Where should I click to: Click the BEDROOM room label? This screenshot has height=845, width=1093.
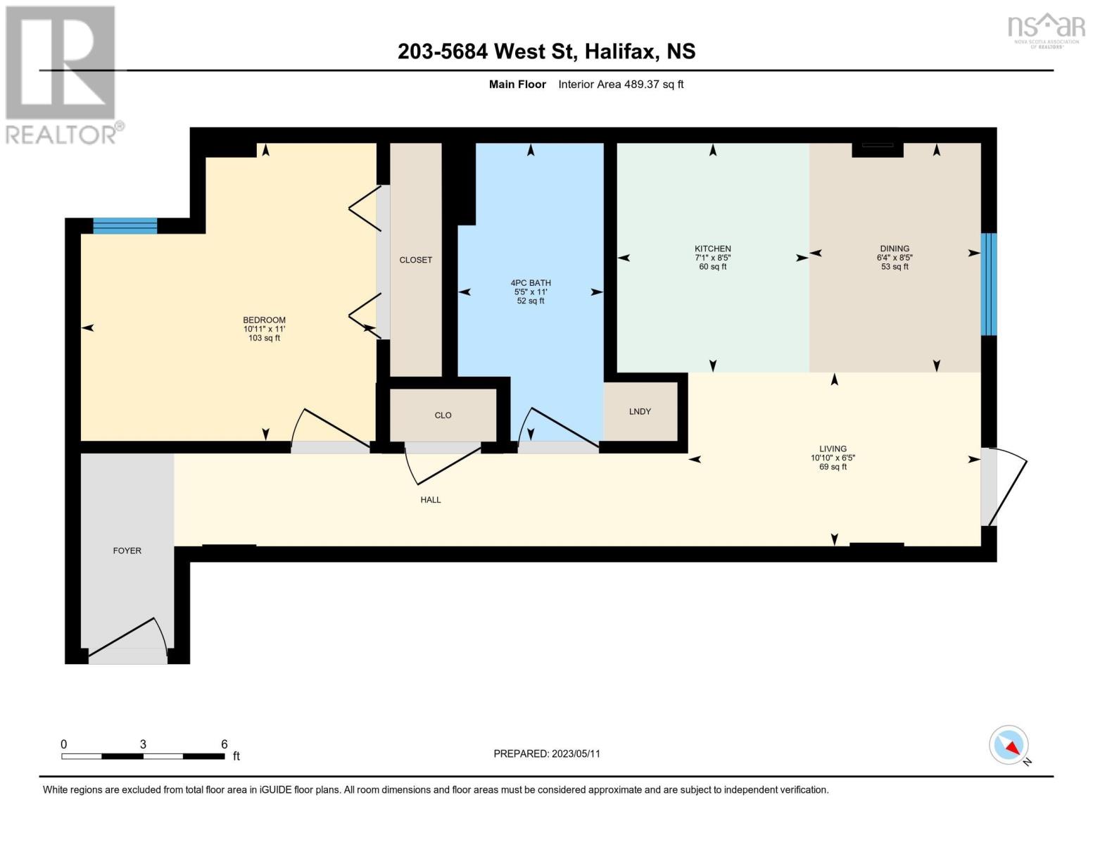coord(264,320)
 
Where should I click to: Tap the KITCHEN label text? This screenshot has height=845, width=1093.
coord(713,249)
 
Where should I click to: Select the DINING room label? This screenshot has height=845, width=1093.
coord(895,249)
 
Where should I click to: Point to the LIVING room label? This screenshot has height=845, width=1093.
coord(833,449)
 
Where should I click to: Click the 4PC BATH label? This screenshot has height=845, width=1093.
coord(531,283)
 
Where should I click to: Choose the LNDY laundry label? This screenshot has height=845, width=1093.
coord(640,412)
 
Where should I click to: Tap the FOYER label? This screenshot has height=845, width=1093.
coord(127,551)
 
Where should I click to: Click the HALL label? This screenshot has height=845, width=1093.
coord(431,500)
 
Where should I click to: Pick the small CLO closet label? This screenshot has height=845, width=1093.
coord(443,415)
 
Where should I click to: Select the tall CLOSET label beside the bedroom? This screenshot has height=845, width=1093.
coord(415,261)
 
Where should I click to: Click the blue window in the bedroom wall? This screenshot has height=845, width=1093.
coord(125,226)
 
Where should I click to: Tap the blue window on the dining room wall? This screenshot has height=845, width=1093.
coord(989,284)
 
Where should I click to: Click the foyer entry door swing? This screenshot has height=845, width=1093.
coord(128,640)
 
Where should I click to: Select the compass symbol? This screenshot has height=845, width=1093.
coord(1009,745)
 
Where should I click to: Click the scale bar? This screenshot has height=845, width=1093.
coord(144,756)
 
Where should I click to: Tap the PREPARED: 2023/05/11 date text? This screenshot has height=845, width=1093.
coord(547,754)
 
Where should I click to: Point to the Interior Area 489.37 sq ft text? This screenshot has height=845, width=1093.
coord(621,84)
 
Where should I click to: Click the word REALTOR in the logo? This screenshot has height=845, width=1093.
coord(61,135)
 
